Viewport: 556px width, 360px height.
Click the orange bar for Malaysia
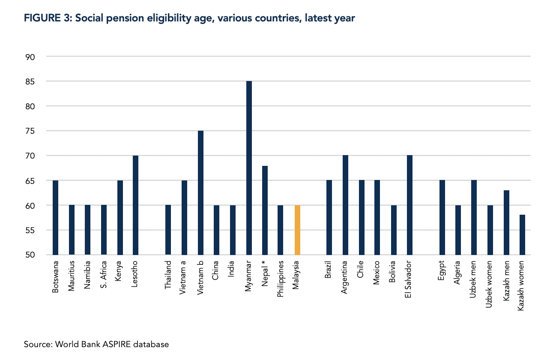pos(297,230)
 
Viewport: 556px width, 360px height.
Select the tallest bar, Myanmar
pos(249,168)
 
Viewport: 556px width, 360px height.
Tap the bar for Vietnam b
pos(200,193)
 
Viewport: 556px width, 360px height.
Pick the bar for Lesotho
pos(135,205)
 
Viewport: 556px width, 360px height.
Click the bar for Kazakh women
pos(522,235)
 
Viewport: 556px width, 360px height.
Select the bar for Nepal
pos(265,210)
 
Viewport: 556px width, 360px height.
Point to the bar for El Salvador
pos(410,205)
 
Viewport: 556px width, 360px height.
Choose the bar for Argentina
pos(345,205)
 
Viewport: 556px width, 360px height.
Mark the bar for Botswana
pos(55,218)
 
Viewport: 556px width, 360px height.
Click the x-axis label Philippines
pos(281,278)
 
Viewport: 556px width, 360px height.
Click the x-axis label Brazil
pos(329,270)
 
